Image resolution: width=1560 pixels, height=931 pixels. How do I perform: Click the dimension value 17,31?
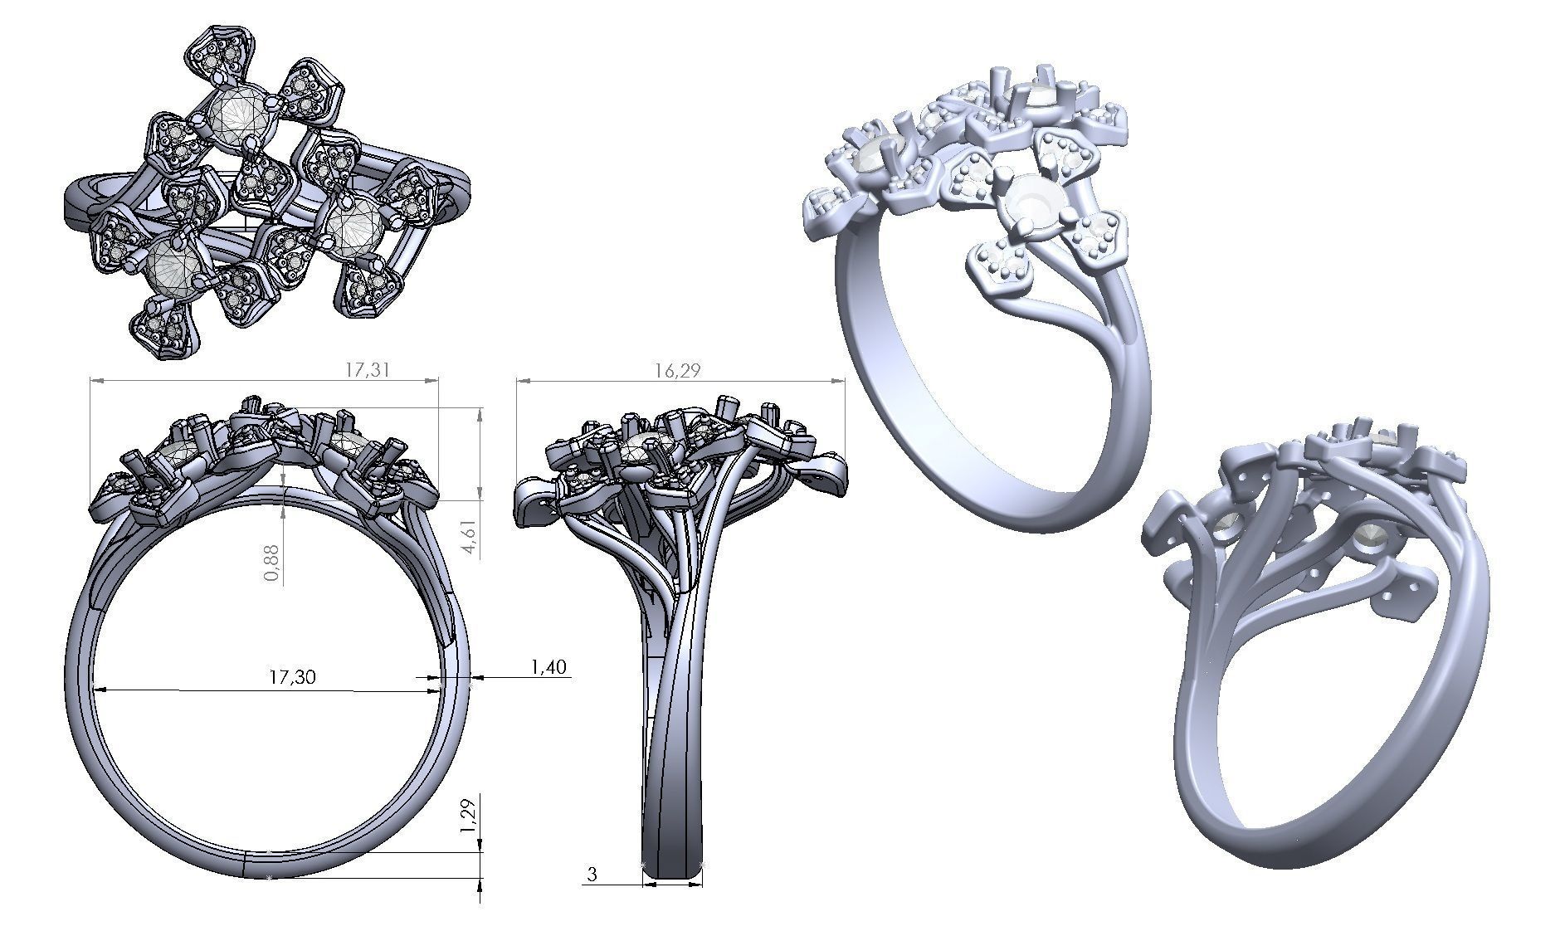367,370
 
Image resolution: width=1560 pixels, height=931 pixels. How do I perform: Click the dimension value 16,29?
677,370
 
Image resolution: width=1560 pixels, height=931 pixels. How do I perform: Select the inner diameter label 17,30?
292,677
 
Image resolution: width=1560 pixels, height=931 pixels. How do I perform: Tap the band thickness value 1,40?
547,666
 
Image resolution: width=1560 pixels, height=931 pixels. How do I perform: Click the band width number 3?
592,875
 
